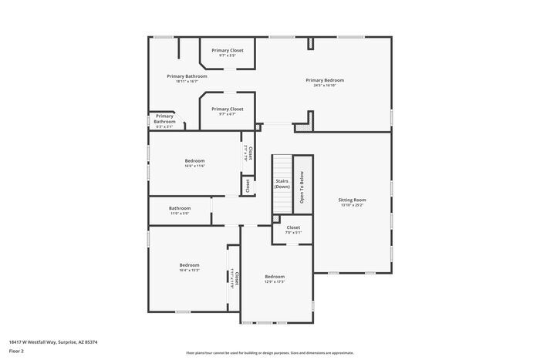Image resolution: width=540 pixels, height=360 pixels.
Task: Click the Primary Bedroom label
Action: [324, 80]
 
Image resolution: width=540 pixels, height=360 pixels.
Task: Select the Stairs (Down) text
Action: [282, 183]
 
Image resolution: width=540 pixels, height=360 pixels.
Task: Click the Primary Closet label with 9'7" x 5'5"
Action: [227, 50]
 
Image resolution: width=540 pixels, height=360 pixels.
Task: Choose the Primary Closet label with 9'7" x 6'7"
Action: [227, 109]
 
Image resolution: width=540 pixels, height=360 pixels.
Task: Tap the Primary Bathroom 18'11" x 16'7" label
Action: [187, 76]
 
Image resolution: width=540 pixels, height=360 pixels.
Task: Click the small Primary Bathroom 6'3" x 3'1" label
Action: [164, 119]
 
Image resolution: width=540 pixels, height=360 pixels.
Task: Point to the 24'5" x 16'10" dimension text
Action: [324, 86]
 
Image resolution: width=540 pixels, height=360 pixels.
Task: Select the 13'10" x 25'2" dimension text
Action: [351, 205]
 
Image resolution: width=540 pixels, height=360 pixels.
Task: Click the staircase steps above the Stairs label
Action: [282, 165]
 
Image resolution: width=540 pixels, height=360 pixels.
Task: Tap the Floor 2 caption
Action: [17, 351]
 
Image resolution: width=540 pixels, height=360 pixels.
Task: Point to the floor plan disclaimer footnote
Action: [269, 352]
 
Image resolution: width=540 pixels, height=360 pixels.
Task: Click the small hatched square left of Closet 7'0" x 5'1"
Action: [275, 219]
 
